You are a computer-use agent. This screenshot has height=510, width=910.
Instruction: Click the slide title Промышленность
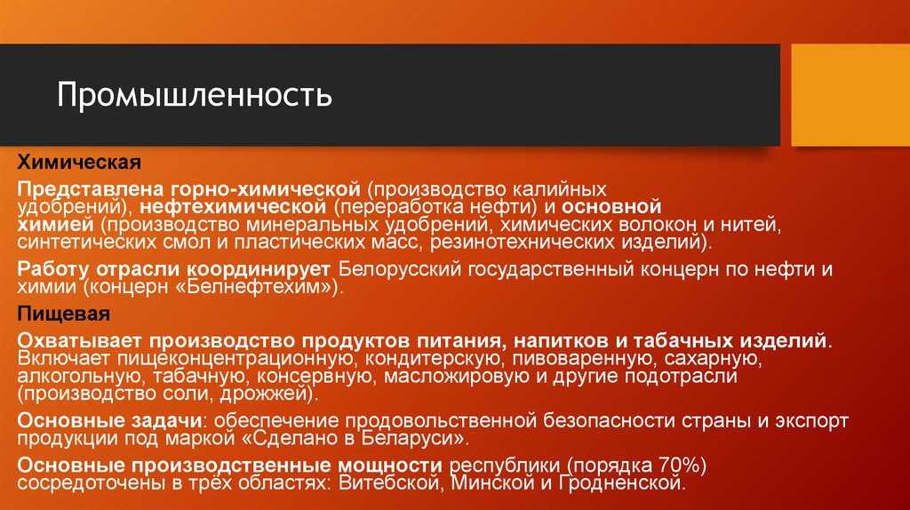pos(196,94)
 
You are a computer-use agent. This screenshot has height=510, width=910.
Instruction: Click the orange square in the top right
pos(850,95)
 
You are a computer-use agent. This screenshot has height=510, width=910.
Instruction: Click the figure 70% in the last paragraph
pos(682,466)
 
